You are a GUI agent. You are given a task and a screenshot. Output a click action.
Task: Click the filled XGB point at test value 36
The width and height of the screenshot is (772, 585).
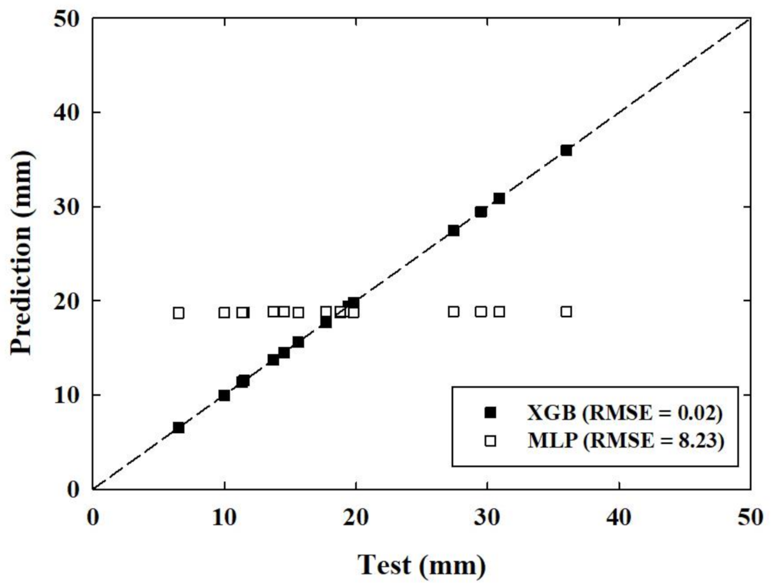pyautogui.click(x=566, y=150)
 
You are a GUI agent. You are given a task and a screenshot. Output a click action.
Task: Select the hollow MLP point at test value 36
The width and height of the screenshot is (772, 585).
pyautogui.click(x=566, y=312)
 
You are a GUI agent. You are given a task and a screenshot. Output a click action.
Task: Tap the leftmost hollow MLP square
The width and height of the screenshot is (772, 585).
pyautogui.click(x=178, y=313)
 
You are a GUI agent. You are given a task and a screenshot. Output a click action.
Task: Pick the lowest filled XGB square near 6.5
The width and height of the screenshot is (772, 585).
pyautogui.click(x=178, y=428)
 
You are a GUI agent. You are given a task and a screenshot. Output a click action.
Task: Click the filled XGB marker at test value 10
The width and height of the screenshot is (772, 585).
pyautogui.click(x=224, y=395)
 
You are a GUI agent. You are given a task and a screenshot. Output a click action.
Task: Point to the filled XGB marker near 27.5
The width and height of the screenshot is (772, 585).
pyautogui.click(x=454, y=230)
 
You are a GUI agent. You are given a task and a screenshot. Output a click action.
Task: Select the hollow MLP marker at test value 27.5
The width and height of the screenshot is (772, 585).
pyautogui.click(x=454, y=312)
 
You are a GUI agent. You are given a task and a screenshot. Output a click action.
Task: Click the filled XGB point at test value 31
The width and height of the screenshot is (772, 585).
pyautogui.click(x=499, y=198)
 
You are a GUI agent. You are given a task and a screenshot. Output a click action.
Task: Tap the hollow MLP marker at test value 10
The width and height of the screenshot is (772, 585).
pyautogui.click(x=224, y=313)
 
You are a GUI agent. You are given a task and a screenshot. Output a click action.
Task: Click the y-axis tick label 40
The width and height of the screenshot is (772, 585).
pyautogui.click(x=67, y=113)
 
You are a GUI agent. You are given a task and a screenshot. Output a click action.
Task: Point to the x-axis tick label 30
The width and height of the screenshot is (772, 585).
pyautogui.click(x=487, y=517)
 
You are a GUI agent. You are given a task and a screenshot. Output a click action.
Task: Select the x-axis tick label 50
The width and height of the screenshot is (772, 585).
pyautogui.click(x=750, y=517)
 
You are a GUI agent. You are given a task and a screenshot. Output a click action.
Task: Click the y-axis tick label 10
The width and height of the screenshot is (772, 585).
pyautogui.click(x=67, y=395)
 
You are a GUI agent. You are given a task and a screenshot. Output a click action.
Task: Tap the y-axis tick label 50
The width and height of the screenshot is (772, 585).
pyautogui.click(x=67, y=19)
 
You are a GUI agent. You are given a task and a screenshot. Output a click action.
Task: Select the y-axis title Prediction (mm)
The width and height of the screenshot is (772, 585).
pyautogui.click(x=22, y=253)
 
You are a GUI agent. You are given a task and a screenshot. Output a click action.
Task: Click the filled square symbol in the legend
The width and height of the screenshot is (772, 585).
pyautogui.click(x=490, y=413)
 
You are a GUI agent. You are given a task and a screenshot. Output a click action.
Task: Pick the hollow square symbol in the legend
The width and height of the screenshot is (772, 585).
pyautogui.click(x=490, y=441)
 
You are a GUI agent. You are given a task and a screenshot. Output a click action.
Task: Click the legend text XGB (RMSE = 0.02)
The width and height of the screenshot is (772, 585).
pyautogui.click(x=625, y=413)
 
